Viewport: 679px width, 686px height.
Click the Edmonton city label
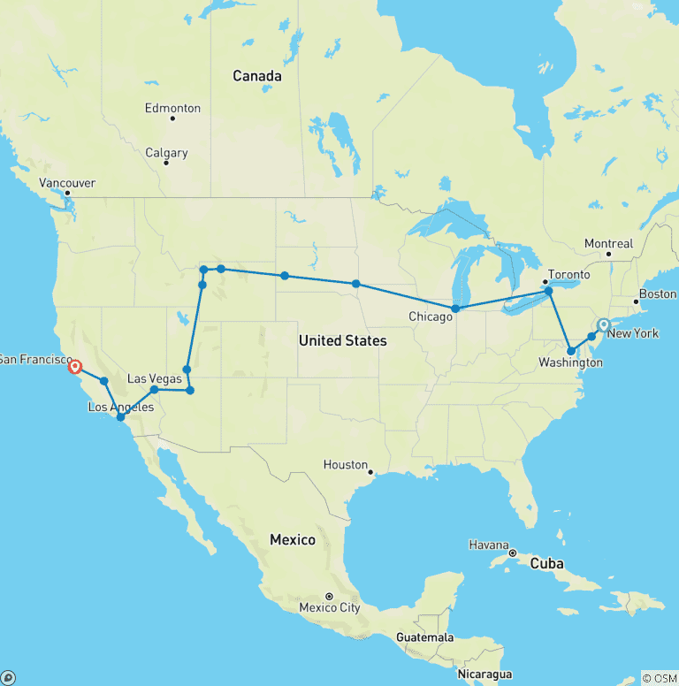[x=173, y=108]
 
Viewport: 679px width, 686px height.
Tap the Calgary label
[x=166, y=153]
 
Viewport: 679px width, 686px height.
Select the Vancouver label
[x=67, y=183]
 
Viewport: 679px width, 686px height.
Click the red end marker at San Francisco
[x=75, y=366]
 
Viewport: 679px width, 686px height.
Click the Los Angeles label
[x=121, y=407]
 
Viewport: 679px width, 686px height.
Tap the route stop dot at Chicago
[x=455, y=309]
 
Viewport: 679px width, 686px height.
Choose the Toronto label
[x=569, y=274]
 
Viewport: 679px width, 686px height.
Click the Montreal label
[x=608, y=243]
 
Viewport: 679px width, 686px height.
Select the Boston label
[x=657, y=293]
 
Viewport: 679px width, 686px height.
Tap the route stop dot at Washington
[x=571, y=351]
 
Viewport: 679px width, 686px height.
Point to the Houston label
[x=345, y=464]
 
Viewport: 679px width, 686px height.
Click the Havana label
[x=489, y=545]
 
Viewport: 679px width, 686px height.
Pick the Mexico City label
[x=330, y=607]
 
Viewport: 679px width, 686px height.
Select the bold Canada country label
[x=257, y=76]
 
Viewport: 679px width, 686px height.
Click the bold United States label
[x=342, y=340]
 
